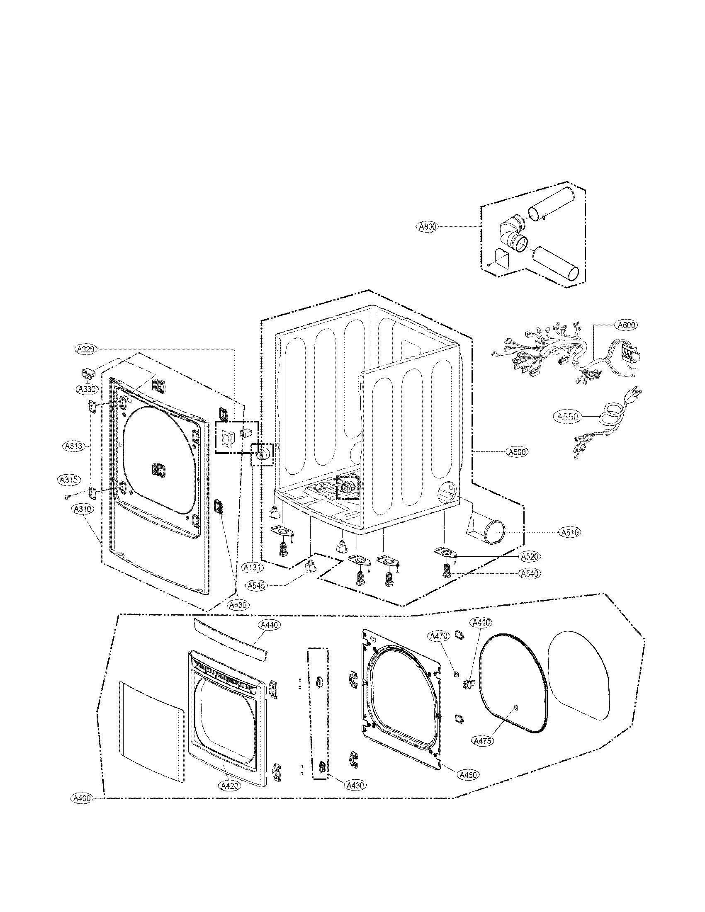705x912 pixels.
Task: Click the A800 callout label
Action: [x=428, y=227]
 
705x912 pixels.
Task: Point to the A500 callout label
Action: [x=517, y=451]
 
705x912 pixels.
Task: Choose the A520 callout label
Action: [x=530, y=557]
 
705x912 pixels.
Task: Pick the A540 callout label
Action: [x=530, y=573]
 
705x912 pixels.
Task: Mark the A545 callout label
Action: [x=256, y=586]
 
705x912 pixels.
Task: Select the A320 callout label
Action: [x=86, y=348]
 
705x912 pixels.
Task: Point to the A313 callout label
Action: [x=75, y=446]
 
